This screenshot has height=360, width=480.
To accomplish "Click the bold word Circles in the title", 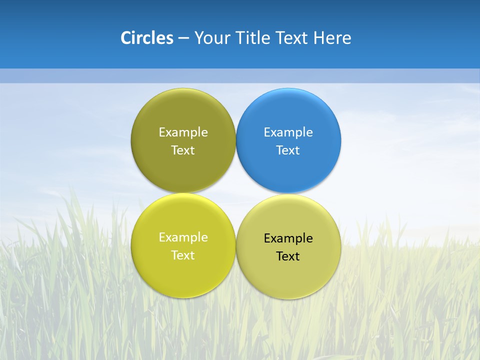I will (x=146, y=38).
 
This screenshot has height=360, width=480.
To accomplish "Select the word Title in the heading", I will (x=254, y=38).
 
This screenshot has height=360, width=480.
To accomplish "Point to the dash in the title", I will (x=183, y=38).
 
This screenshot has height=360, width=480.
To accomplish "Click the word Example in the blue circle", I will (x=288, y=132).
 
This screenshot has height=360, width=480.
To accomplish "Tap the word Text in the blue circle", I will (x=288, y=150).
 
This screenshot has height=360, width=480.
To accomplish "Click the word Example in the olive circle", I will (x=183, y=132).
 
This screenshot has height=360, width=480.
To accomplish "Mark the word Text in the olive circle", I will (x=183, y=150).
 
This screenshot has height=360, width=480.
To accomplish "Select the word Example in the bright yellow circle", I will (x=183, y=237).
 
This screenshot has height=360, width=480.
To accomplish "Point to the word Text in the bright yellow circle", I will (x=183, y=255).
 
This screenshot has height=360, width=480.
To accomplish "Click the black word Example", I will (x=288, y=238).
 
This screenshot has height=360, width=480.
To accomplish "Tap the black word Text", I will (x=288, y=256).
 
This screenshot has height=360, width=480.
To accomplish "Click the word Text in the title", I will (x=292, y=38).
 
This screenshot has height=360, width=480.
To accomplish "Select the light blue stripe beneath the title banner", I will (x=240, y=75).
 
